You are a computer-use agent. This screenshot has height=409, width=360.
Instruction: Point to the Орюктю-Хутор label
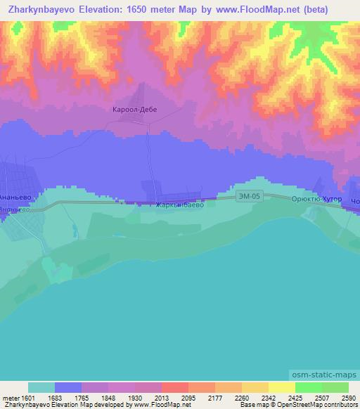pos(316,200)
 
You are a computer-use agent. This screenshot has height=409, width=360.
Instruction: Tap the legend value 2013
pos(160,397)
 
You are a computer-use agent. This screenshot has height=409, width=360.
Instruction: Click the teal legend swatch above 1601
pos(41,387)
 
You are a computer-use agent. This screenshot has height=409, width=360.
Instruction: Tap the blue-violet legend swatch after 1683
pos(68,387)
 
